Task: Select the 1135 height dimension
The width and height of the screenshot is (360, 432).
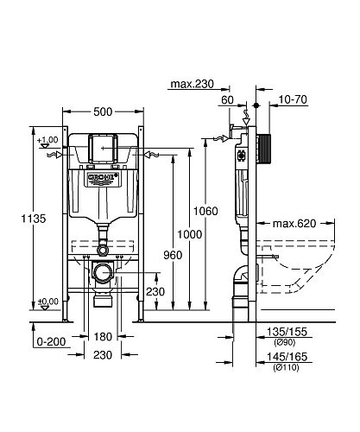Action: click(x=15, y=219)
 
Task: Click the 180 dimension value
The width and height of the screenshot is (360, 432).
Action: click(x=103, y=336)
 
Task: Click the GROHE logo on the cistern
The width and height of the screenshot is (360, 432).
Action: click(x=101, y=179)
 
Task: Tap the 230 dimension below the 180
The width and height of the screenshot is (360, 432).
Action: click(x=103, y=353)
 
